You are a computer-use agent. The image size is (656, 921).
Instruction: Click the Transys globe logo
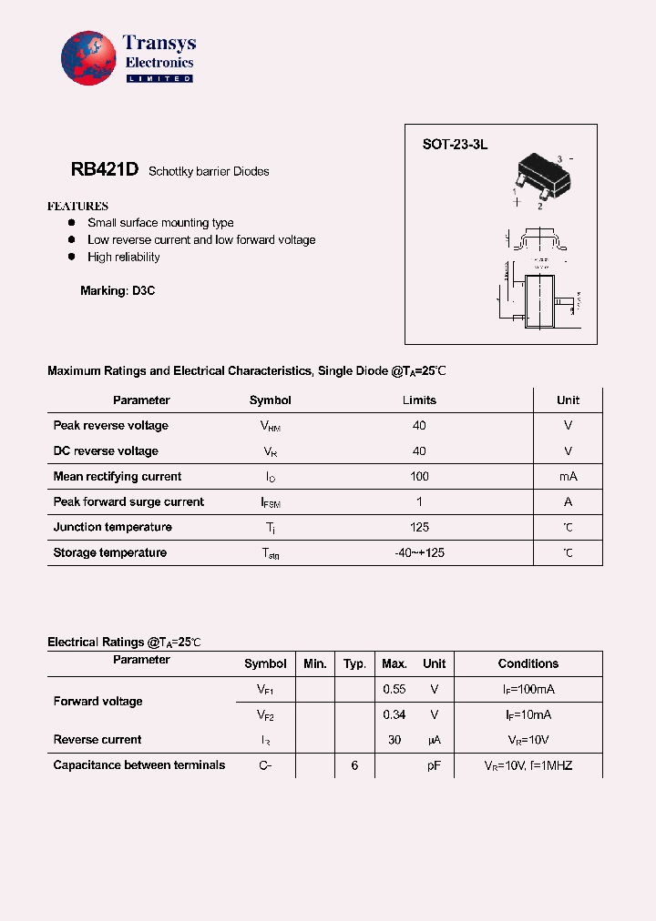coord(88,59)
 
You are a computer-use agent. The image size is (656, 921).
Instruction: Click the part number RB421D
coord(104,170)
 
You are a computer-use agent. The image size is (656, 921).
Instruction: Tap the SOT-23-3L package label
coord(455,145)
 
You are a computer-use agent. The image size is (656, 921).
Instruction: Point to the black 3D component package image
coord(544,176)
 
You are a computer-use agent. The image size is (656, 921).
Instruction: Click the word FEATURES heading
coord(77,207)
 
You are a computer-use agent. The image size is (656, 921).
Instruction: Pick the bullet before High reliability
coord(71,258)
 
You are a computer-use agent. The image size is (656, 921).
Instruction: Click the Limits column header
coord(419,400)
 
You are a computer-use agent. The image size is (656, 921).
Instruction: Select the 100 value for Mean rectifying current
coord(419,477)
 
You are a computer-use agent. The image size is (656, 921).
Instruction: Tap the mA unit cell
coord(568,477)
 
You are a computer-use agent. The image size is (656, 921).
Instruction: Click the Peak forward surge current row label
coord(128,502)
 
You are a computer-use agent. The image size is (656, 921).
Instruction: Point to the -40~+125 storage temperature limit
coord(419,553)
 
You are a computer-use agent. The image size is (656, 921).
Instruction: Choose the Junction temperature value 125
coord(419,528)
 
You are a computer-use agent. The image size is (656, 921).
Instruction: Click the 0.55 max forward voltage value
coord(395,690)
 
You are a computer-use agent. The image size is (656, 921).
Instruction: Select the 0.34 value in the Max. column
coord(395,715)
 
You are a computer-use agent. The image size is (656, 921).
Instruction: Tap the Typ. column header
coord(354,664)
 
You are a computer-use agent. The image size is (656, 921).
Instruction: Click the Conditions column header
coord(528,664)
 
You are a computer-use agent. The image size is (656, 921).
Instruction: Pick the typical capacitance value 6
coord(354,766)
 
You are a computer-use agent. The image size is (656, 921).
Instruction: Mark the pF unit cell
coord(435,766)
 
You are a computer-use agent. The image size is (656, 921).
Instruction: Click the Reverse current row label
coord(97,740)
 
